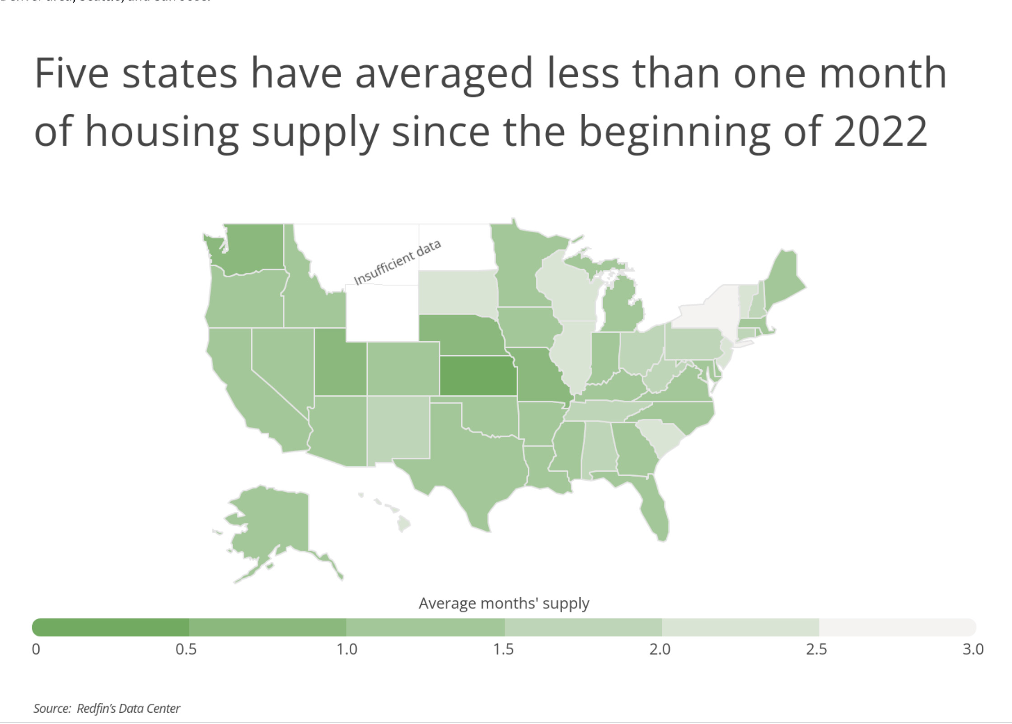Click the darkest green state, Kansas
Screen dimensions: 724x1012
[x=478, y=376]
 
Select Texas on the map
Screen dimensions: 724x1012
[x=470, y=469]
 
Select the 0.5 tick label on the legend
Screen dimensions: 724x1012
[x=186, y=649]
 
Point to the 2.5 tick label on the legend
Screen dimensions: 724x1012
[x=816, y=649]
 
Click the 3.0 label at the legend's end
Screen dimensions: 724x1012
[x=973, y=649]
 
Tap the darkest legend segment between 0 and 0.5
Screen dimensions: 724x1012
[x=111, y=627]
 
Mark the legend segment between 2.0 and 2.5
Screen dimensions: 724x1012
[x=740, y=627]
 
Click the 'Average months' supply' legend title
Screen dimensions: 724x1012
[x=504, y=603]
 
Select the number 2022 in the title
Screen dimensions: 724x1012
[x=881, y=131]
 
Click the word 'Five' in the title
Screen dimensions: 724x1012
[x=71, y=73]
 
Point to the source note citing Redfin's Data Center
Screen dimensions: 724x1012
[x=107, y=708]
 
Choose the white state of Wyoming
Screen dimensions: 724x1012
[x=382, y=312]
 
